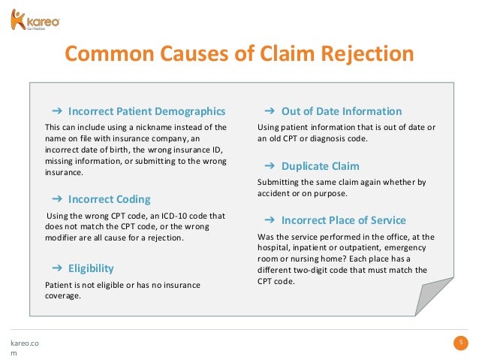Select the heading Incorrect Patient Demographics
[x=146, y=111]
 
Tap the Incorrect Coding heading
[x=109, y=199]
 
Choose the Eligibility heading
[x=91, y=268]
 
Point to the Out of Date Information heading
[x=342, y=111]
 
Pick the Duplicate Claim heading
[x=320, y=165]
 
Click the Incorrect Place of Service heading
[x=343, y=220]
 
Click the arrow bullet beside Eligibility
[x=56, y=268]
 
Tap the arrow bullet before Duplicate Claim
[x=269, y=165]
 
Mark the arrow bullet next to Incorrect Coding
[x=56, y=199]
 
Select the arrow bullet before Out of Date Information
[x=269, y=111]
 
